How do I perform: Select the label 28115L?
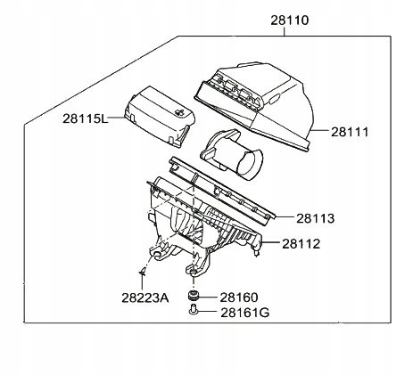[x=85, y=118]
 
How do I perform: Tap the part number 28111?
[x=350, y=132]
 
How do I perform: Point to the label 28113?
[x=315, y=218]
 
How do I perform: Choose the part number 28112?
[x=301, y=244]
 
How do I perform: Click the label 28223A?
[x=145, y=298]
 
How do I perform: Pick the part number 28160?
[x=239, y=298]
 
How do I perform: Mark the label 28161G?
[x=244, y=313]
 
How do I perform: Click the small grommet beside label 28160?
[x=194, y=296]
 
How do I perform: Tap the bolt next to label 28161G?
[x=193, y=310]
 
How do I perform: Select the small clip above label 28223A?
[x=143, y=271]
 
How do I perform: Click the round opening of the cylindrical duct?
[x=252, y=165]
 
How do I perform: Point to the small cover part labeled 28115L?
[x=160, y=117]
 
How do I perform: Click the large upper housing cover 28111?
[x=255, y=106]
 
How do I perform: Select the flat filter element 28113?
[x=222, y=192]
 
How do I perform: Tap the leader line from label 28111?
[x=320, y=131]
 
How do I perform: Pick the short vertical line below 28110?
[x=285, y=31]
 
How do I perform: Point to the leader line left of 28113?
[x=284, y=216]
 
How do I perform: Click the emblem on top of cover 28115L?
[x=180, y=112]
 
